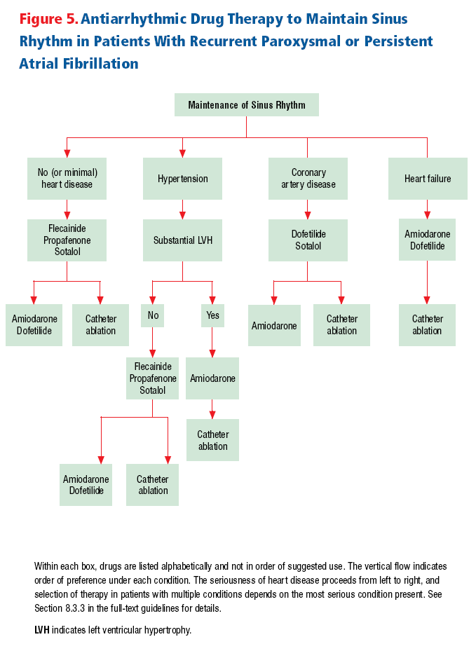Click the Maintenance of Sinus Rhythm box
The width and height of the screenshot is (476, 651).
click(246, 104)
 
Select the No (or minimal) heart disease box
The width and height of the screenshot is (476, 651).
click(67, 179)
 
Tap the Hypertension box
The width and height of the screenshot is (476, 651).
click(182, 179)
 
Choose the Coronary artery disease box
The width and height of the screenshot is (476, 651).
click(308, 179)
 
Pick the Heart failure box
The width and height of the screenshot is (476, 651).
click(428, 179)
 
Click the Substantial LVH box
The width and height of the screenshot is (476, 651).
click(182, 240)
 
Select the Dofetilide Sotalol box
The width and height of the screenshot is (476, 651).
click(308, 240)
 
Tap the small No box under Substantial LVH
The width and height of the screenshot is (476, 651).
click(152, 315)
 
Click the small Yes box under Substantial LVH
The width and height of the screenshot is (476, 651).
click(212, 315)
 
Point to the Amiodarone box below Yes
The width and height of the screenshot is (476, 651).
click(212, 378)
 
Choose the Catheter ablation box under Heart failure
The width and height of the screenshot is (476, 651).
click(427, 325)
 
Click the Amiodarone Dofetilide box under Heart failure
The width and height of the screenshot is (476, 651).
click(427, 240)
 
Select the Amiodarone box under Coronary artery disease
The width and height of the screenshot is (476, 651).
click(274, 325)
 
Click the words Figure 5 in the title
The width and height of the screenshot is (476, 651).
click(48, 19)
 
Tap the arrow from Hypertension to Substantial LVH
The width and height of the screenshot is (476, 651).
click(182, 210)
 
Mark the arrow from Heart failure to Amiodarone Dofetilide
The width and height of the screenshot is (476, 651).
click(427, 210)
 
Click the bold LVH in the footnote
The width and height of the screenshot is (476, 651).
click(42, 630)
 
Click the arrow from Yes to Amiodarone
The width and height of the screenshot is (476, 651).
click(212, 342)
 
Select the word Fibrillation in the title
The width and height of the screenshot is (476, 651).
click(101, 64)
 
